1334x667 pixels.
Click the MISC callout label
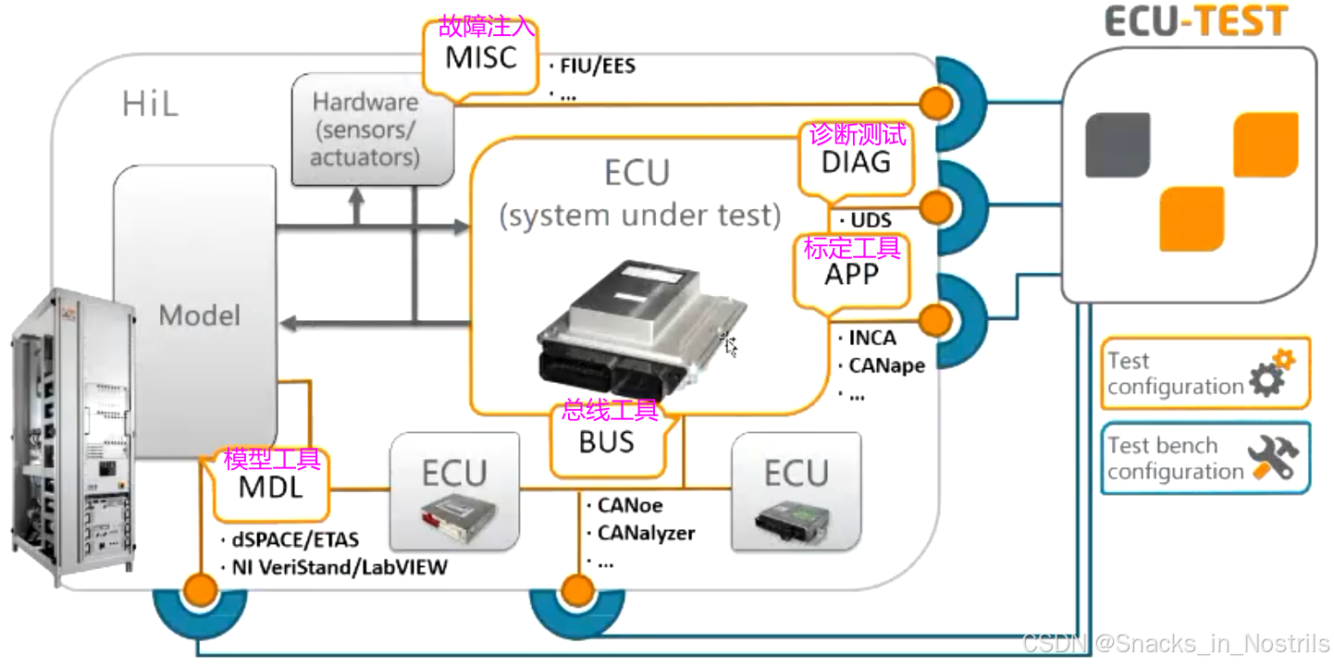tap(480, 58)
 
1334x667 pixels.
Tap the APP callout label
tap(851, 274)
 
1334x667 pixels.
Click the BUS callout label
tap(606, 442)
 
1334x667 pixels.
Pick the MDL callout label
tap(270, 486)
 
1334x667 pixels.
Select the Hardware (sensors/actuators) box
tap(365, 130)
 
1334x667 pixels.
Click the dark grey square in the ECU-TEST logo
tap(1117, 145)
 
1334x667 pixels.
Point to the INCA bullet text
tap(871, 339)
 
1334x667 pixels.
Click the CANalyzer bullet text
tap(645, 533)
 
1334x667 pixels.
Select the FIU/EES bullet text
tap(597, 67)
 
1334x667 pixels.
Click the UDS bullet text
tap(870, 220)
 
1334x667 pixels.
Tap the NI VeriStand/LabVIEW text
tap(337, 567)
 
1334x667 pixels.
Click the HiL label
tap(149, 105)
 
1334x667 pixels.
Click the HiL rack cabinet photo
tap(69, 435)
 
